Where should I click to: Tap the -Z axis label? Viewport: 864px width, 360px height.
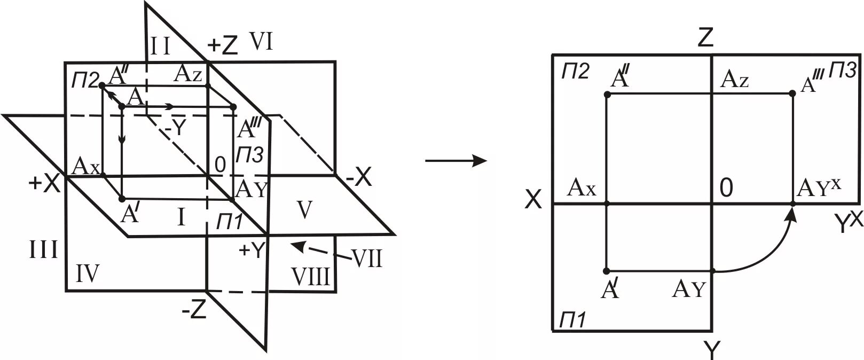(194, 311)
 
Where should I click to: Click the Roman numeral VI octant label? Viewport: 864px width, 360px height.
(262, 42)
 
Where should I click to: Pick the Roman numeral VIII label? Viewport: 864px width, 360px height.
(311, 276)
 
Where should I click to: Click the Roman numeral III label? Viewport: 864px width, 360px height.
(44, 249)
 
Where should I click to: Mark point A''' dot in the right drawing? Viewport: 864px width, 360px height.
(792, 93)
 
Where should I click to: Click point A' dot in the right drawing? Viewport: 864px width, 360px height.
(607, 271)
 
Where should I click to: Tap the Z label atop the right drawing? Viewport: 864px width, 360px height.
(706, 38)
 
